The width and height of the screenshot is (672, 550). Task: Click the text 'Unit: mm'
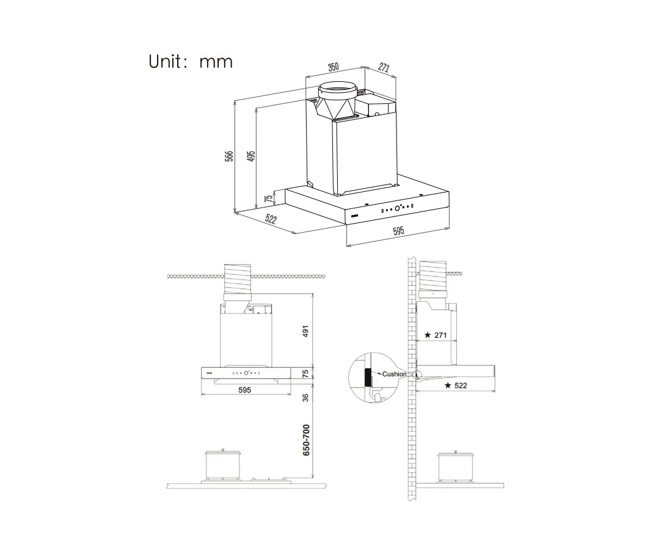[x=191, y=62]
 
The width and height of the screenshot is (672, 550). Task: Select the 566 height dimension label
[x=228, y=156]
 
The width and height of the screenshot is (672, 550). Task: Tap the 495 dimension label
[x=250, y=156]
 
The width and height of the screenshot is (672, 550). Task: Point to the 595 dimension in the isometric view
[x=398, y=231]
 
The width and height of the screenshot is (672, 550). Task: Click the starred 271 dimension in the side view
[x=436, y=335]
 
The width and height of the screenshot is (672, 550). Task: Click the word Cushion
[x=394, y=374]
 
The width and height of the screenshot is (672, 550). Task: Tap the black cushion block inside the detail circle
[x=367, y=378]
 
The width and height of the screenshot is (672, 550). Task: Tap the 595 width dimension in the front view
[x=244, y=389]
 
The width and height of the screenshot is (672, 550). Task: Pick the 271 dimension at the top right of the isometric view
[x=384, y=68]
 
